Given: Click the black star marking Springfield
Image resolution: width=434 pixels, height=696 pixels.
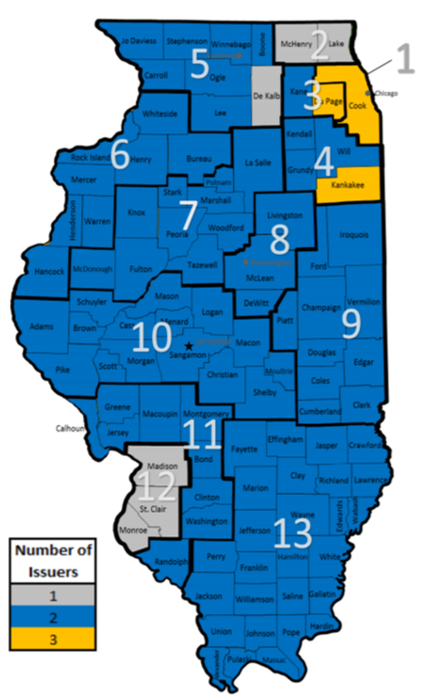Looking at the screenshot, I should click(x=189, y=346).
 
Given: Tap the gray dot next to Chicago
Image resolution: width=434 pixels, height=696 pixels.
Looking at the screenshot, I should click(x=368, y=93).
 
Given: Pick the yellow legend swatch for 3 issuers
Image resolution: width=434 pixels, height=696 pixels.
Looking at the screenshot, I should click(x=53, y=640).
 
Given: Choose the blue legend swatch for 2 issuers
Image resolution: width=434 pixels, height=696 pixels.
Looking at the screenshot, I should click(x=53, y=618).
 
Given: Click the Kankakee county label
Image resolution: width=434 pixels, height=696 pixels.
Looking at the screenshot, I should click(x=348, y=185).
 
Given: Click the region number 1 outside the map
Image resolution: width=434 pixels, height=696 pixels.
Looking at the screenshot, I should click(x=406, y=59).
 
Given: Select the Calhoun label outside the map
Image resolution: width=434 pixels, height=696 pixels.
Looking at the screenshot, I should click(x=71, y=428).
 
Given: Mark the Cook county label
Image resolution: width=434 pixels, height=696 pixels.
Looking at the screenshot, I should click(x=357, y=106).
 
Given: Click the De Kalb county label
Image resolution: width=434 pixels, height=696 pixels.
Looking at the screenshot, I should click(x=266, y=96).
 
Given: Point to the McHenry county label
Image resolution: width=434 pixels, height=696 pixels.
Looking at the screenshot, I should click(x=296, y=44).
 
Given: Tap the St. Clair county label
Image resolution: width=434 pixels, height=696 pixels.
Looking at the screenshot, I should click(x=153, y=509).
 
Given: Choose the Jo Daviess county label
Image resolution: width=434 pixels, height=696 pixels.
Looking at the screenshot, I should click(x=139, y=41).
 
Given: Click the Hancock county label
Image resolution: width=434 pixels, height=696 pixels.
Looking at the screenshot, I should click(x=49, y=271).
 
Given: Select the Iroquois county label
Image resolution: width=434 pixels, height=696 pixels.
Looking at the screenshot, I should click(x=354, y=235).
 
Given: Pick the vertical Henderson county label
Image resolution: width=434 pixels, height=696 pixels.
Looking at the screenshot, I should click(x=73, y=220).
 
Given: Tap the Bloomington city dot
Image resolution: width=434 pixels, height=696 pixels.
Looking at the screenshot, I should click(x=246, y=262).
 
